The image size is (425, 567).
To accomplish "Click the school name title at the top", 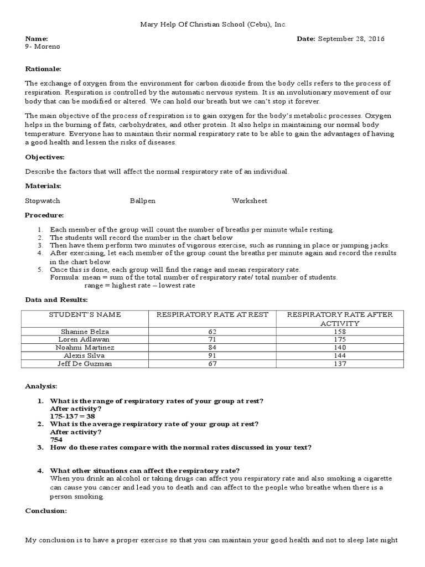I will [x=212, y=24].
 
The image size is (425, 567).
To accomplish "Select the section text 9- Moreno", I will [x=43, y=47].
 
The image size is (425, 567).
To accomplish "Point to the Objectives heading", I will [x=45, y=157].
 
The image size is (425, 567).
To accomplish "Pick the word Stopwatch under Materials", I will [x=43, y=200].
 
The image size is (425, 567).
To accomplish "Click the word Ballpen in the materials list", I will [x=143, y=200].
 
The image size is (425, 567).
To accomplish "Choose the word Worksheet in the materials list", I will [x=249, y=200].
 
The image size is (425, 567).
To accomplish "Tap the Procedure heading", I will [x=45, y=215].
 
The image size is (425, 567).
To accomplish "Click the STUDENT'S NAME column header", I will [x=85, y=315].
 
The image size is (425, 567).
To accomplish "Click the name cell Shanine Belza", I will [x=85, y=331].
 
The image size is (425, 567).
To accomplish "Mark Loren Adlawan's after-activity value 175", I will [x=340, y=339].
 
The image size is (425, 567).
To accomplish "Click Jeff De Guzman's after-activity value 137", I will [x=340, y=364].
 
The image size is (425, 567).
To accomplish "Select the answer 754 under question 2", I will [x=56, y=439].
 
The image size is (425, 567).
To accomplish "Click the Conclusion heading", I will [x=46, y=511].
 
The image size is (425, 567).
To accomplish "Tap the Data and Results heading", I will [x=56, y=300].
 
